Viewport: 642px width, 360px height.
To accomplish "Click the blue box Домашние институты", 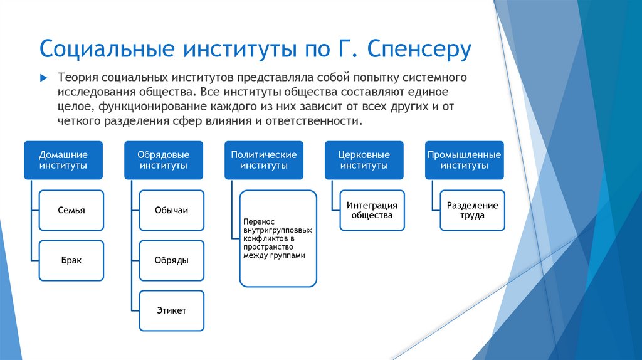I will pyautogui.click(x=63, y=160).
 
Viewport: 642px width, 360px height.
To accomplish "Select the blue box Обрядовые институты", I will pyautogui.click(x=164, y=160).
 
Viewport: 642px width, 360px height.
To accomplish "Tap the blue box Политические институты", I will pyautogui.click(x=263, y=160).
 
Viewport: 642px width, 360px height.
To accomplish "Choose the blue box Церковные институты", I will pyautogui.click(x=364, y=160).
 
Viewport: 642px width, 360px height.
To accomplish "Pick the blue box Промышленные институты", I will pyautogui.click(x=464, y=160).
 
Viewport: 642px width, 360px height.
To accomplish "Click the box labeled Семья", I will pyautogui.click(x=71, y=211).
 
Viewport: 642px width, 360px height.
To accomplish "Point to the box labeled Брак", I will pyautogui.click(x=71, y=260).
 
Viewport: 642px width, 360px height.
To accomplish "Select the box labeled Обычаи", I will pyautogui.click(x=171, y=211).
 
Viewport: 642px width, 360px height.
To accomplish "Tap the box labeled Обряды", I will pyautogui.click(x=171, y=260).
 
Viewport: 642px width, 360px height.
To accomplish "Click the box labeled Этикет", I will pyautogui.click(x=171, y=310).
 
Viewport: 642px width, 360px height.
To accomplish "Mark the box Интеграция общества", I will pyautogui.click(x=372, y=211).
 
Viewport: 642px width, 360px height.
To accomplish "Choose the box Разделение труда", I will pyautogui.click(x=472, y=211).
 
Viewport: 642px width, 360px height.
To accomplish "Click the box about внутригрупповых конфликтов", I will pyautogui.click(x=278, y=239).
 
